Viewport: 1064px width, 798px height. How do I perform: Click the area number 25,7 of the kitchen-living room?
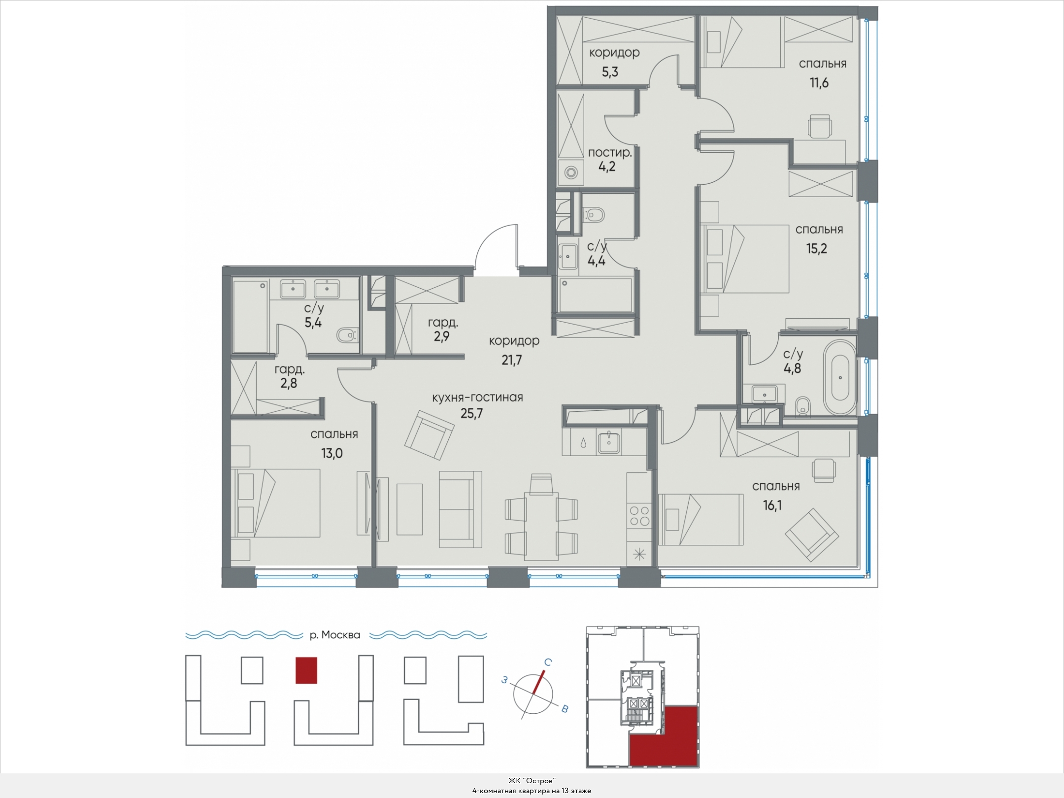point(471,414)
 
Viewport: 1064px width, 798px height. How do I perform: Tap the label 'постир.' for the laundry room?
point(610,153)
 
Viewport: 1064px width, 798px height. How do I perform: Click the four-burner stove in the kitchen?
point(639,516)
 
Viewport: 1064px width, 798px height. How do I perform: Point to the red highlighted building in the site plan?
point(306,670)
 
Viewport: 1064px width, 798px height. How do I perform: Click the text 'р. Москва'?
point(335,635)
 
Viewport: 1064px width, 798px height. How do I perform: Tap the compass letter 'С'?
point(547,663)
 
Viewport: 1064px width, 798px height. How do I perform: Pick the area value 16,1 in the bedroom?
point(772,505)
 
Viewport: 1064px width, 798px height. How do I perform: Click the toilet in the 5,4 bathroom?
point(347,336)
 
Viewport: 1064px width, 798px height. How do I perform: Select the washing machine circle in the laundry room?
point(571,173)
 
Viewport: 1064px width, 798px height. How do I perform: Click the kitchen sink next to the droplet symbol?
point(609,442)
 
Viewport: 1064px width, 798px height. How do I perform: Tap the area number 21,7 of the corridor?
point(512,361)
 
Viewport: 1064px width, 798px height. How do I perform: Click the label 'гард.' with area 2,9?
point(443,323)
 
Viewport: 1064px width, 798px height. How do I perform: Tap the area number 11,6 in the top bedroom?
point(819,83)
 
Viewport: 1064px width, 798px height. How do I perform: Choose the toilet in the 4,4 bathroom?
point(595,215)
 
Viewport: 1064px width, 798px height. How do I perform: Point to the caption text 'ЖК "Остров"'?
point(532,781)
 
